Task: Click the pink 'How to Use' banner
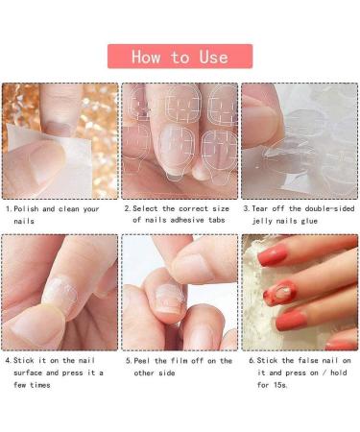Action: click(180, 57)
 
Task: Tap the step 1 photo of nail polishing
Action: click(60, 140)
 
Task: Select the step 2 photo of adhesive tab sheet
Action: click(180, 140)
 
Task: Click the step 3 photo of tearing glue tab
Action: click(300, 140)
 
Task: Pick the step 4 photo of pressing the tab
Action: click(60, 292)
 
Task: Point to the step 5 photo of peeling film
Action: click(180, 292)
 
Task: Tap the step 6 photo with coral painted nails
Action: click(300, 292)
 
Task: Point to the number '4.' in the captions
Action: click(10, 361)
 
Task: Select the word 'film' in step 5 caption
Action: click(189, 361)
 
